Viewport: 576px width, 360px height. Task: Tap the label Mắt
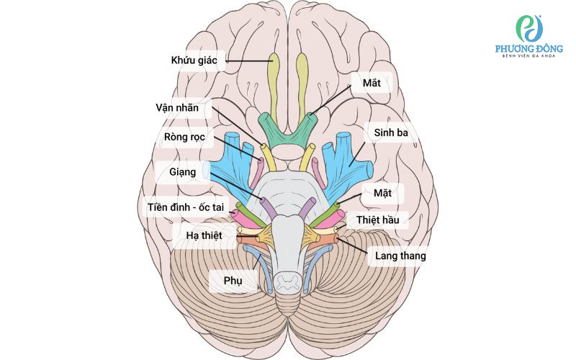pos(371,83)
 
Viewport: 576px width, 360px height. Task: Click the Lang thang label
pos(400,255)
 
